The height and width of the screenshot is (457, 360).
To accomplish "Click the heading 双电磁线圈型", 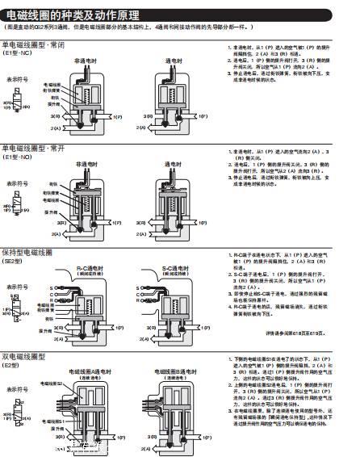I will point(24,357).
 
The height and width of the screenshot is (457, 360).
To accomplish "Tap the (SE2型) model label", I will point(13,262).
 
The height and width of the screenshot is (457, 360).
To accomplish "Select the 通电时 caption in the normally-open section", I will point(173,163).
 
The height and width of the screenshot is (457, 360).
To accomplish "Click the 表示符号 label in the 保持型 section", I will point(18,287).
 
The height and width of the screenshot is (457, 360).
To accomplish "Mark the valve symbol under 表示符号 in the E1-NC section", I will point(15,104).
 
